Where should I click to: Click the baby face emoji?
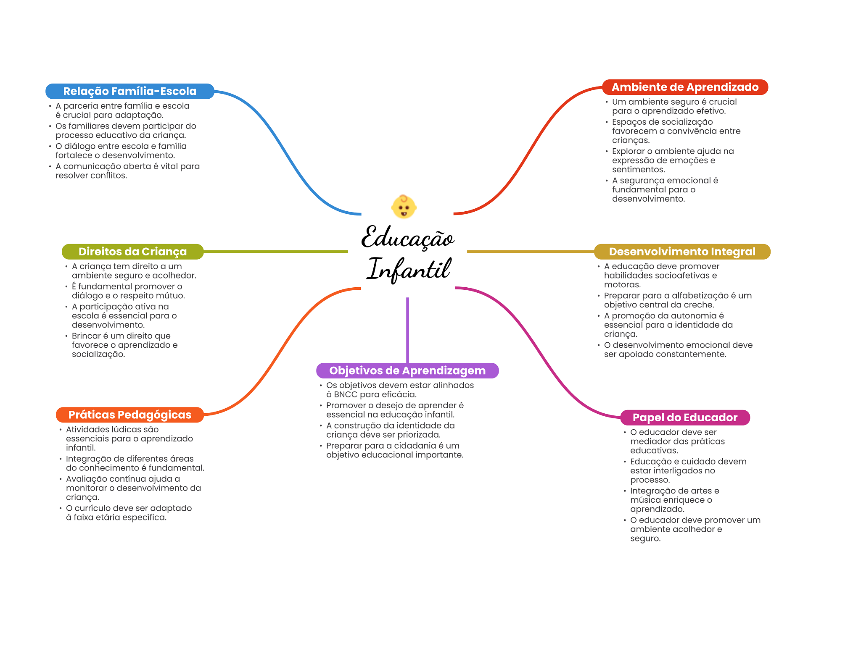pyautogui.click(x=404, y=207)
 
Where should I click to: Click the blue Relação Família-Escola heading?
pyautogui.click(x=130, y=91)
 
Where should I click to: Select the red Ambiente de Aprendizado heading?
pyautogui.click(x=685, y=87)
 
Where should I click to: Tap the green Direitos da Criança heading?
pyautogui.click(x=132, y=252)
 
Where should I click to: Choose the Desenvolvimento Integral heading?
pyautogui.click(x=682, y=252)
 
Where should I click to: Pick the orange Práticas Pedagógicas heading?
pyautogui.click(x=130, y=415)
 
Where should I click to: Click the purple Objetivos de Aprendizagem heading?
pyautogui.click(x=407, y=370)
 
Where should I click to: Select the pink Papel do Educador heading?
pyautogui.click(x=685, y=417)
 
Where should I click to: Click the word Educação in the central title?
pyautogui.click(x=408, y=237)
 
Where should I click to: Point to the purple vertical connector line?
pyautogui.click(x=407, y=330)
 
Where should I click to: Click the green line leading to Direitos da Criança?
pyautogui.click(x=276, y=252)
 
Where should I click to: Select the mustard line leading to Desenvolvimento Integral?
pyautogui.click(x=531, y=252)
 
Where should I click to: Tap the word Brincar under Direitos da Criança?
pyautogui.click(x=86, y=336)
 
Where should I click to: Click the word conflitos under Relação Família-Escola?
pyautogui.click(x=109, y=176)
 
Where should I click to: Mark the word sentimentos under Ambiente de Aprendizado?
pyautogui.click(x=639, y=170)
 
